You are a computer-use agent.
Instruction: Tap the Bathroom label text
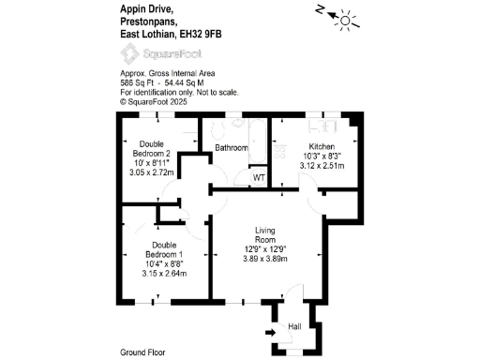click(232, 148)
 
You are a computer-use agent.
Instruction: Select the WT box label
click(258, 177)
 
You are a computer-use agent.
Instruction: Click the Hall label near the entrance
click(294, 325)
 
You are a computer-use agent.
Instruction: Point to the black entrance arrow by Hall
click(271, 331)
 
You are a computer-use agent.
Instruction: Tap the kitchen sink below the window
click(329, 125)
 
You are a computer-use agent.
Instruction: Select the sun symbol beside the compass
click(349, 20)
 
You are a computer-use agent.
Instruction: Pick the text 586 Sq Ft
click(137, 82)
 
